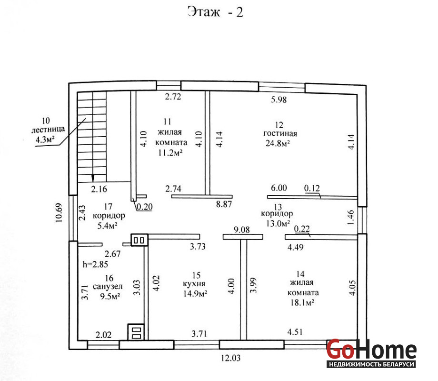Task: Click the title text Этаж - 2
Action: pos(215,12)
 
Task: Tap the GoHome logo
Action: pos(371,353)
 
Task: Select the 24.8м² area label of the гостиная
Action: pos(278,143)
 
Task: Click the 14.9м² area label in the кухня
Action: pos(195,294)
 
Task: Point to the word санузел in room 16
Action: pos(108,287)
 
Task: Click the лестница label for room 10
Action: pos(48,130)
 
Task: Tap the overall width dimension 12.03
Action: pos(231,358)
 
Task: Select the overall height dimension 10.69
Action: pos(59,212)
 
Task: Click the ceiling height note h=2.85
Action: pos(95,264)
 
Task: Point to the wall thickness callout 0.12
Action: pos(312,189)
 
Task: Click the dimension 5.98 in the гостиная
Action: pos(279,100)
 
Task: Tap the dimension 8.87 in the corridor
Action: pos(224,204)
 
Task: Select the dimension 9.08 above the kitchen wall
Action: pos(242,230)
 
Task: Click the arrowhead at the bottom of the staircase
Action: pos(93,178)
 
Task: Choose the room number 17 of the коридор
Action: pos(108,207)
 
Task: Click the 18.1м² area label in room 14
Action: pos(302,303)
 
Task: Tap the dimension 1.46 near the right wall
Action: pos(351,218)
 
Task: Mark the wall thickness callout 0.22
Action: pos(302,229)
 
